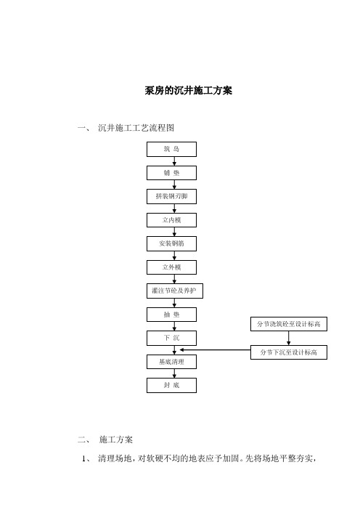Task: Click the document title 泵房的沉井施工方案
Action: click(189, 90)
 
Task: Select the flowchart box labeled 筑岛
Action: click(171, 149)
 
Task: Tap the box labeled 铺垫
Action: click(171, 173)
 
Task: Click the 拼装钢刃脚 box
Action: click(171, 196)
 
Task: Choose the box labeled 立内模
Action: click(171, 220)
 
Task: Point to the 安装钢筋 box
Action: click(171, 243)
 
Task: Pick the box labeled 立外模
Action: click(171, 267)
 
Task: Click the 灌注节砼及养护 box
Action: click(175, 291)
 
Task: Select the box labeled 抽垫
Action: click(171, 315)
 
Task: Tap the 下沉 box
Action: click(171, 338)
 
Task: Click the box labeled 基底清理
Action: click(171, 362)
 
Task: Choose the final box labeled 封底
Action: click(171, 385)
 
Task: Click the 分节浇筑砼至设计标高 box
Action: click(289, 324)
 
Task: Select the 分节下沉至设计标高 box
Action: click(289, 352)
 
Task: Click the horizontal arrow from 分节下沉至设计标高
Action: click(215, 350)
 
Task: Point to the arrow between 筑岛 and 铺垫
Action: click(174, 161)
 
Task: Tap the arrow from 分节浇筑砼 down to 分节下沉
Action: click(289, 339)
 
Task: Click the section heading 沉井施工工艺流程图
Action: click(136, 128)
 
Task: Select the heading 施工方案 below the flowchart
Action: click(116, 440)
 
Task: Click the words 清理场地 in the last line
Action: click(115, 458)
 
